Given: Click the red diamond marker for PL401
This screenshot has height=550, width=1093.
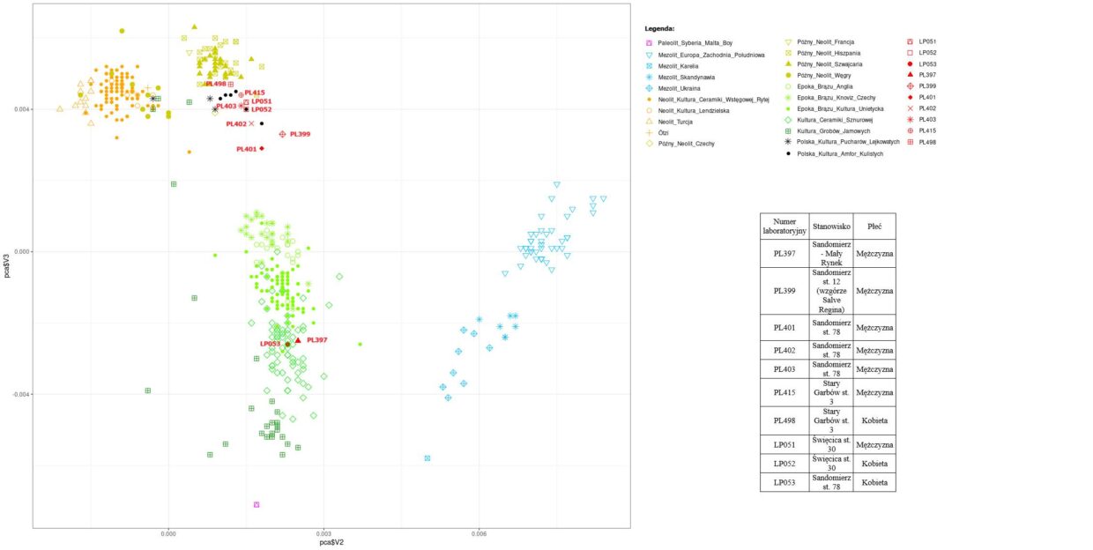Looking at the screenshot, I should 262,148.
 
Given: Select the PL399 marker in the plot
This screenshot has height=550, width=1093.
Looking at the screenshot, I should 283,134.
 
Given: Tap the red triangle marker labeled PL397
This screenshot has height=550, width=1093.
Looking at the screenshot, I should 298,340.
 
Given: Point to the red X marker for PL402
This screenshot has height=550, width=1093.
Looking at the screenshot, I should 251,123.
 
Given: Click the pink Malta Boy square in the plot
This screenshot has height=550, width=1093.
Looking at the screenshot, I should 257,505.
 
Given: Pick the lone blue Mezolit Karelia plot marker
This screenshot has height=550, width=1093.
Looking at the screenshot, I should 428,458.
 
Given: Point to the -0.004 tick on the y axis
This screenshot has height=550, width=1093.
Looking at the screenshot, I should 19,394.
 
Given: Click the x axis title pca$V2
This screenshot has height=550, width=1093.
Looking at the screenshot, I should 331,543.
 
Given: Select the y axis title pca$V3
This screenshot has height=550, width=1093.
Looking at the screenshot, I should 7,264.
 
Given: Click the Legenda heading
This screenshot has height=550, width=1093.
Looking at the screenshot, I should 659,29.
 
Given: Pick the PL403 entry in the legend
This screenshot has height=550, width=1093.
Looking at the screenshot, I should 926,120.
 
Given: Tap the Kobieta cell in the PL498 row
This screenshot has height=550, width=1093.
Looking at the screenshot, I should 874,420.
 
